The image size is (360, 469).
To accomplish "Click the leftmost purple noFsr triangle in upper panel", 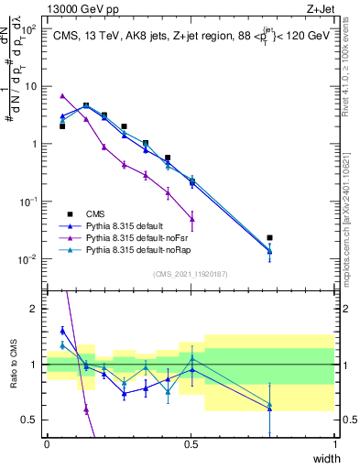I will pyautogui.click(x=62, y=96).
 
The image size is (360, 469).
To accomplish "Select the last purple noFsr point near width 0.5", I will pyautogui.click(x=191, y=218).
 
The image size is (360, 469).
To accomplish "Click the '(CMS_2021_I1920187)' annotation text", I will pyautogui.click(x=191, y=272).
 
